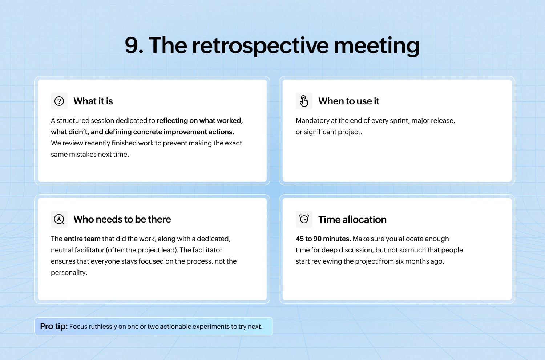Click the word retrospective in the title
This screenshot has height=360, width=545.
261,46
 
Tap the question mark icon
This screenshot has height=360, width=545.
59,101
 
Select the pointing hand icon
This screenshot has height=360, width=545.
304,101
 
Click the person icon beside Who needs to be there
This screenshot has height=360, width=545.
59,219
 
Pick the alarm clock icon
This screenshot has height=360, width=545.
304,219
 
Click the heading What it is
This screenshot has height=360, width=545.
93,101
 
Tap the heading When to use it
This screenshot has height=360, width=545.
349,101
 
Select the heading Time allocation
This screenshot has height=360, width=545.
352,220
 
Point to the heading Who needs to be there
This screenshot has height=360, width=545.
122,219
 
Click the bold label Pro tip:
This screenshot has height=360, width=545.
54,327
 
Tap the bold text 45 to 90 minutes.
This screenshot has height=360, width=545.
323,239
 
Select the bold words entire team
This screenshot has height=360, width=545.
82,239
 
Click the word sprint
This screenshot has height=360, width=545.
399,121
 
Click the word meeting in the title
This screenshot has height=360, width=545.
377,46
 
